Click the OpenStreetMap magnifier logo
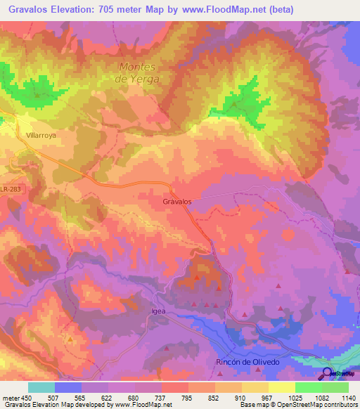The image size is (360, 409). click(x=328, y=373)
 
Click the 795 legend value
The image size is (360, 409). click(x=188, y=398)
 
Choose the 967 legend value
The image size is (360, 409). click(x=268, y=398)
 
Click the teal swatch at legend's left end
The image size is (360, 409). click(x=41, y=387)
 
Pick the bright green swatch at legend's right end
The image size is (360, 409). click(x=335, y=387)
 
